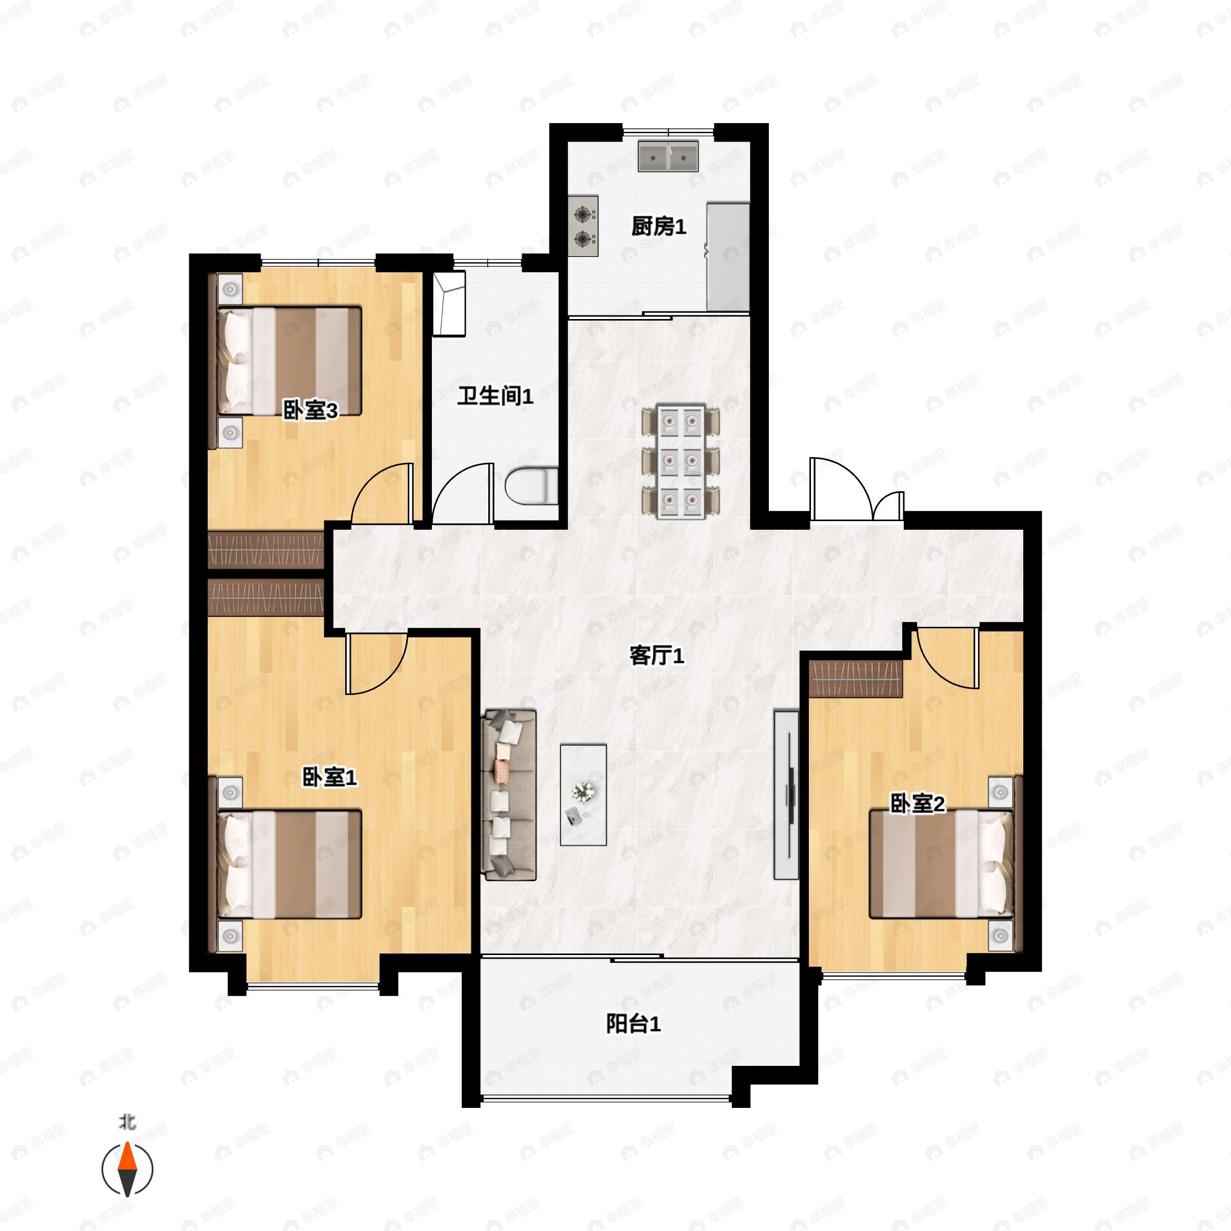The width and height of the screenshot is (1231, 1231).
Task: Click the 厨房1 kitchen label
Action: pyautogui.click(x=659, y=226)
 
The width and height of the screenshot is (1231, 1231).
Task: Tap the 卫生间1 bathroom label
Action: pyautogui.click(x=495, y=396)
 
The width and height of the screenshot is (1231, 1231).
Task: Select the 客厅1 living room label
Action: pyautogui.click(x=657, y=656)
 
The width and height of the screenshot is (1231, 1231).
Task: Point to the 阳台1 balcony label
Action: pyautogui.click(x=633, y=1024)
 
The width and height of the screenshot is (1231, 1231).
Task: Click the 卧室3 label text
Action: pyautogui.click(x=310, y=411)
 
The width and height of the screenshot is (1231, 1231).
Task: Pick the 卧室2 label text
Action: pyautogui.click(x=918, y=804)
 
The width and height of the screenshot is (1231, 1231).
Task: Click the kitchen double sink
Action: pyautogui.click(x=668, y=156)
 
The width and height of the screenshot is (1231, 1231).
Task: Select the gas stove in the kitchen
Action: pyautogui.click(x=583, y=226)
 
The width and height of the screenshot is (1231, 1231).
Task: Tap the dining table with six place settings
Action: pyautogui.click(x=681, y=461)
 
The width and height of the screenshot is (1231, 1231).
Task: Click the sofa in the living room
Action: pyautogui.click(x=510, y=795)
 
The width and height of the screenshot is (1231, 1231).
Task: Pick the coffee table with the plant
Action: pyautogui.click(x=583, y=795)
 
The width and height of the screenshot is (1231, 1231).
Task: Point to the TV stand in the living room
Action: pyautogui.click(x=786, y=795)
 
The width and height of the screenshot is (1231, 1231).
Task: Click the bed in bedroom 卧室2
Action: pyautogui.click(x=942, y=864)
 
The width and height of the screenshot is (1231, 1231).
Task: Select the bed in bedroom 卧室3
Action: pyautogui.click(x=289, y=361)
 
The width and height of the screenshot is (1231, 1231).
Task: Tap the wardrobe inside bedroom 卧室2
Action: pyautogui.click(x=856, y=679)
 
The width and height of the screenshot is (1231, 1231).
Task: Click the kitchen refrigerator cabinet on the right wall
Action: pyautogui.click(x=728, y=257)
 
